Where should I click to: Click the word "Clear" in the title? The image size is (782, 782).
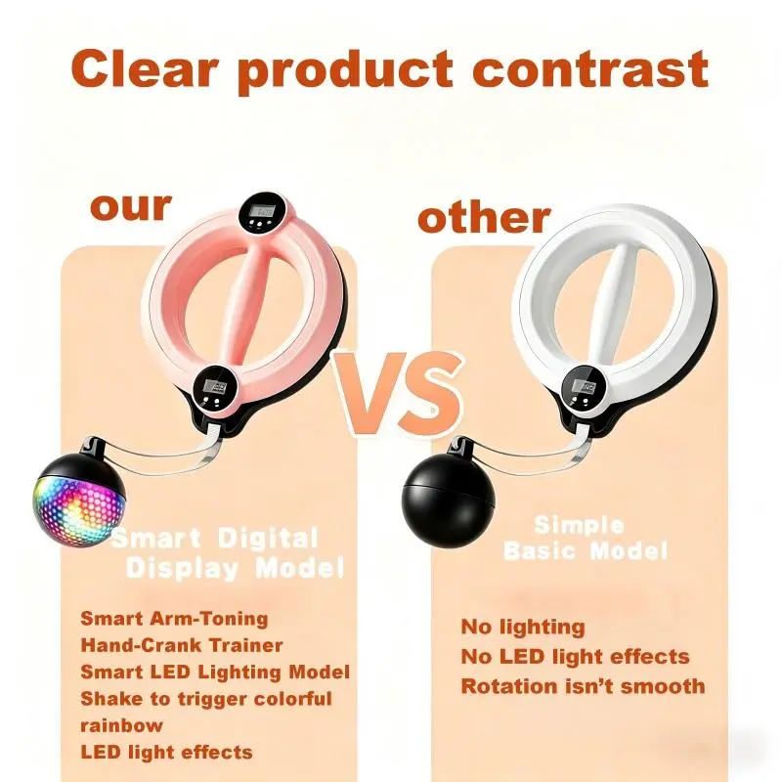(x=145, y=68)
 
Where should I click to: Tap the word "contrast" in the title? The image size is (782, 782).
(x=590, y=69)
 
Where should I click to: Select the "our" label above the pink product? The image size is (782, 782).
(x=131, y=206)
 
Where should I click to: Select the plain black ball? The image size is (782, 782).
(x=449, y=498)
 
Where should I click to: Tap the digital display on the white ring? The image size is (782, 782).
(x=584, y=389)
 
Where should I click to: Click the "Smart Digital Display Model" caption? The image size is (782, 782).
(x=227, y=553)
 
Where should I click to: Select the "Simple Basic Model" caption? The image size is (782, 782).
(x=586, y=539)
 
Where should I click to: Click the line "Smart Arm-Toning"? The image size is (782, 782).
(x=174, y=619)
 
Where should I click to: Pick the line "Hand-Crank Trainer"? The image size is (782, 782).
(x=182, y=645)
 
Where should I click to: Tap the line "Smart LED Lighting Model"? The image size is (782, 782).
(x=215, y=673)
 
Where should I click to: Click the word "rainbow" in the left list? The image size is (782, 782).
(x=121, y=725)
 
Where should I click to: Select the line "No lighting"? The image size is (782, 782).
(x=523, y=628)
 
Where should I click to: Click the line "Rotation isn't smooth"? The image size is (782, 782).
(x=583, y=686)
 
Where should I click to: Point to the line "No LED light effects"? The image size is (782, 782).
(x=575, y=657)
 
